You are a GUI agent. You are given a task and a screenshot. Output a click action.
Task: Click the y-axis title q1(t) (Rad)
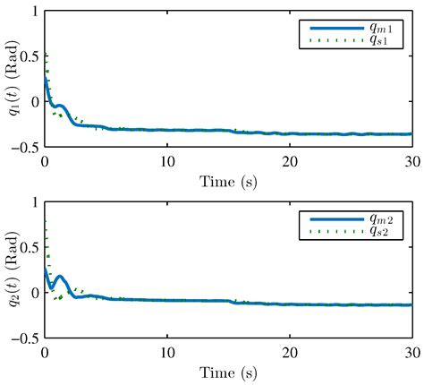click(x=13, y=80)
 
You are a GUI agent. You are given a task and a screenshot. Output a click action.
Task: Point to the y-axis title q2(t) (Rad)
click(x=13, y=271)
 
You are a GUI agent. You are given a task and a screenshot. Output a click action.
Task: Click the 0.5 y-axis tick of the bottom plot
click(x=30, y=248)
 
